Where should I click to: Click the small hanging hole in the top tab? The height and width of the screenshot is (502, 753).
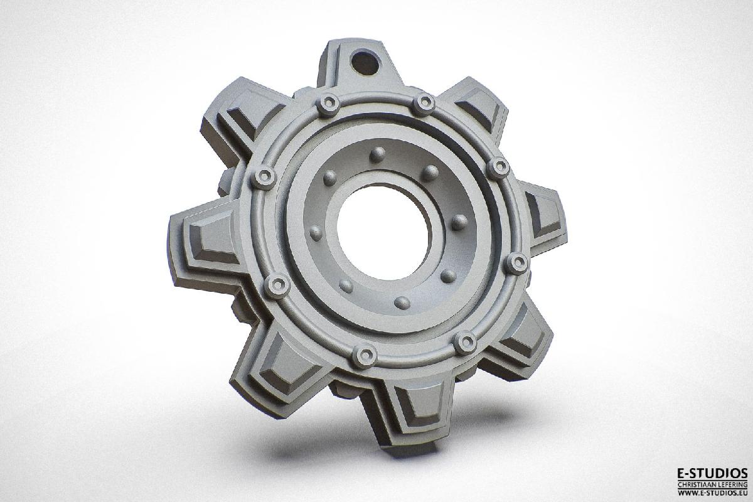pyautogui.click(x=364, y=61)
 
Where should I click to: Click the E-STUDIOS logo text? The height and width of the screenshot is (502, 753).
pyautogui.click(x=711, y=473)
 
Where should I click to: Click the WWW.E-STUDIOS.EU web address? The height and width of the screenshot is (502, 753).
pyautogui.click(x=711, y=493)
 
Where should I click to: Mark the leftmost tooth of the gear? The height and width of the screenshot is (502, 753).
pyautogui.click(x=201, y=242)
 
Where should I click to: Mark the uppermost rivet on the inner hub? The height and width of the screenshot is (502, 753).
pyautogui.click(x=378, y=154)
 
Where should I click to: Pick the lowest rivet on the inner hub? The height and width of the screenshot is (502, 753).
pyautogui.click(x=402, y=303)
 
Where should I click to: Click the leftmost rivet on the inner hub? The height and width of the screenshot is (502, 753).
pyautogui.click(x=316, y=233)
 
